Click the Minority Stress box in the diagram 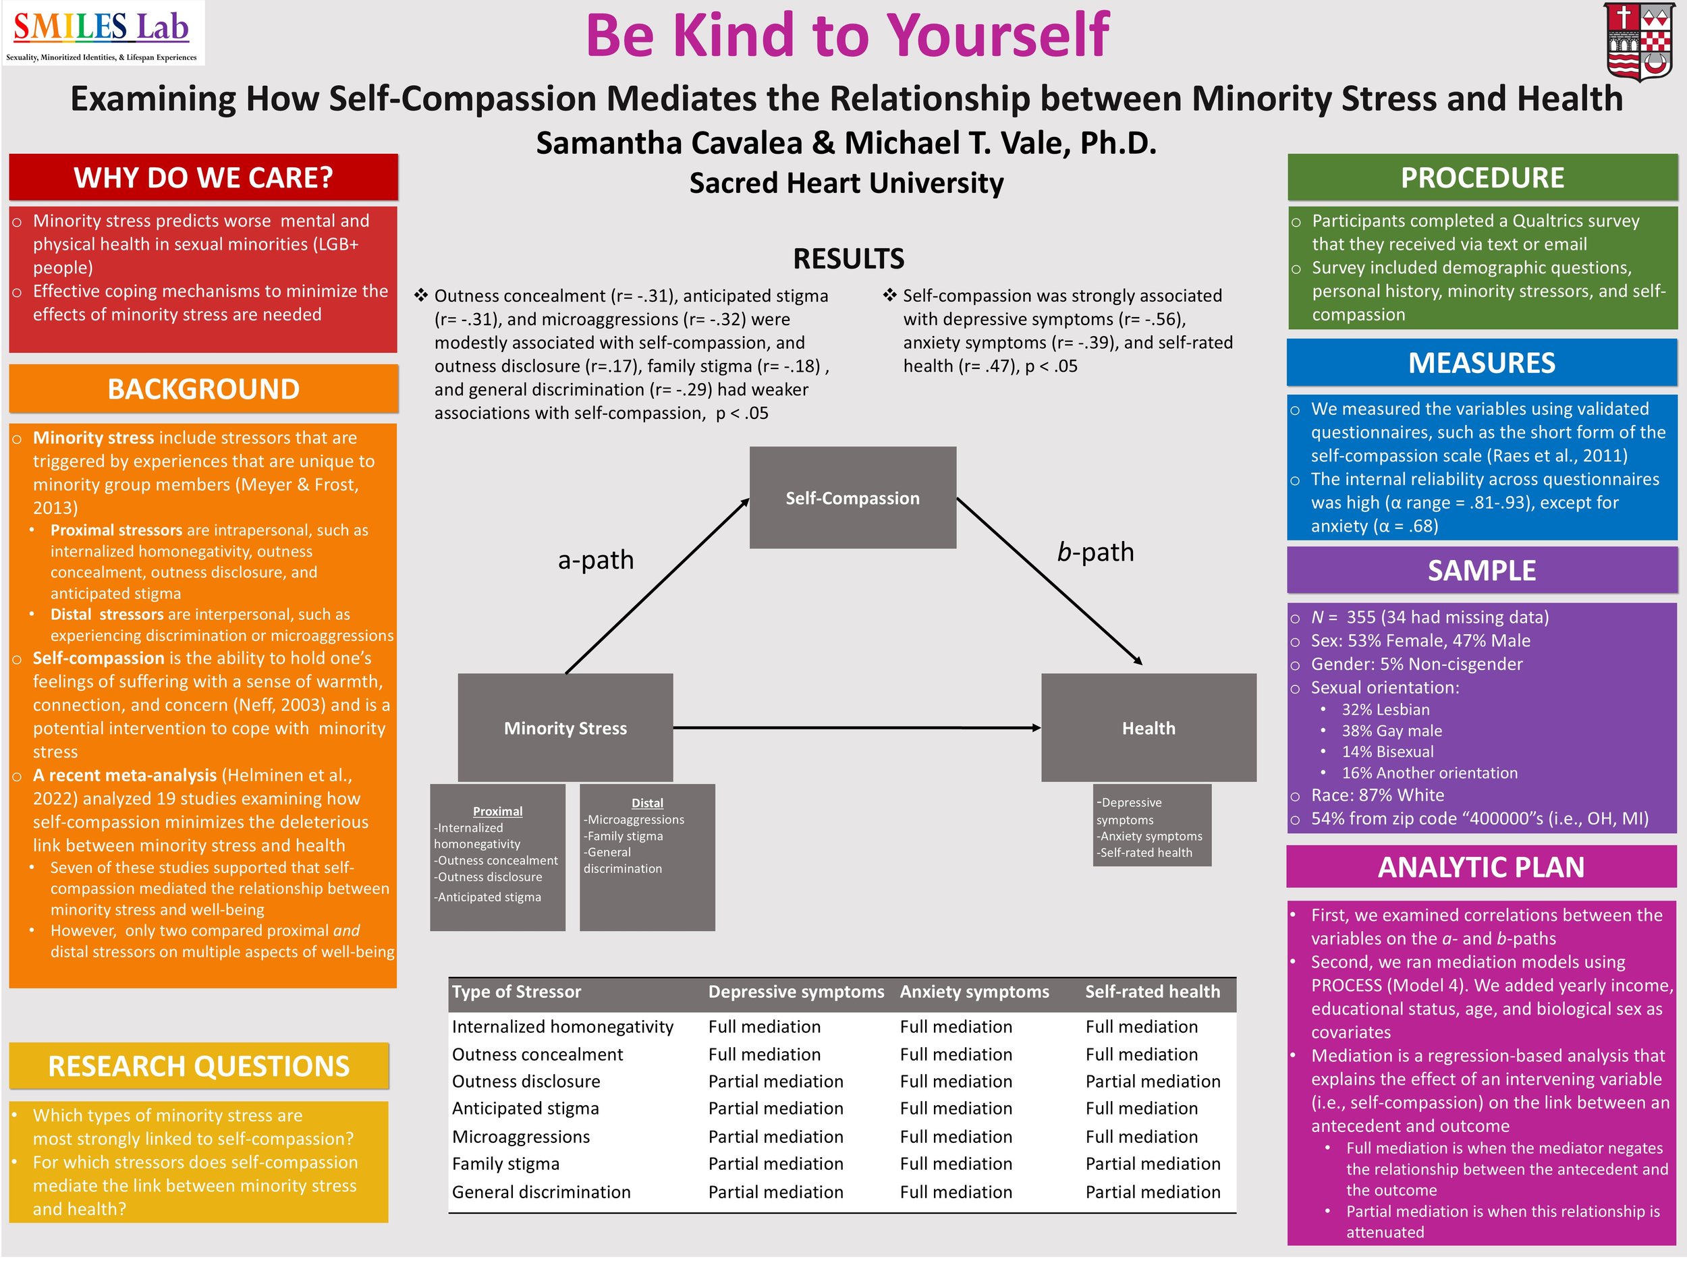click(x=565, y=727)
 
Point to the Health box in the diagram click(x=1148, y=727)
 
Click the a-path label click(x=596, y=560)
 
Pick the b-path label click(x=1095, y=551)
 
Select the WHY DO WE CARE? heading click(x=203, y=177)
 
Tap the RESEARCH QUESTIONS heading click(x=198, y=1065)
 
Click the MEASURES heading click(x=1481, y=363)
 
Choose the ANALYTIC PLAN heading click(x=1481, y=867)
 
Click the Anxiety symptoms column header click(x=974, y=991)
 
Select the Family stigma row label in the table click(x=505, y=1164)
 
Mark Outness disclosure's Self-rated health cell click(x=1153, y=1081)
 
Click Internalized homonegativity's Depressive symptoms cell click(x=764, y=1026)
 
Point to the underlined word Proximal click(x=497, y=812)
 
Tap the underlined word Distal click(x=648, y=803)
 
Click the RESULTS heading click(x=848, y=258)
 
